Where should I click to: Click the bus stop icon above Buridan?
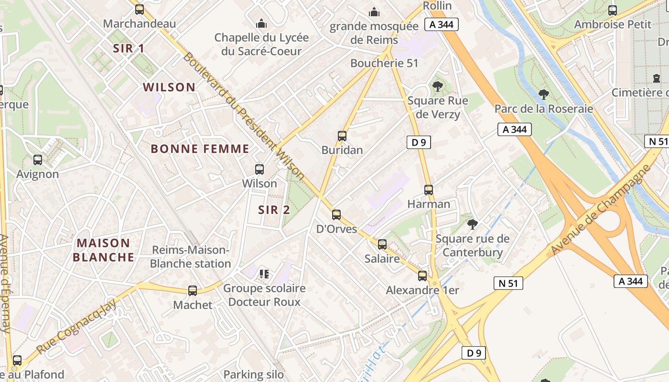click(342, 136)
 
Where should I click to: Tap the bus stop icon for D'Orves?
click(336, 215)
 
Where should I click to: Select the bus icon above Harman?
click(429, 190)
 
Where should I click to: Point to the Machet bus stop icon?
click(193, 290)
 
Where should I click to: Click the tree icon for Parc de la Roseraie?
click(543, 95)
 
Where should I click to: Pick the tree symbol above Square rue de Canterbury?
click(473, 224)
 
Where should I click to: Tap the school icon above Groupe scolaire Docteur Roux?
click(264, 274)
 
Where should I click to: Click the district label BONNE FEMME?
click(200, 149)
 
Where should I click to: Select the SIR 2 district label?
click(274, 210)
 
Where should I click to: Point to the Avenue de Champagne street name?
click(601, 210)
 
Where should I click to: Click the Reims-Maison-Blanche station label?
click(191, 257)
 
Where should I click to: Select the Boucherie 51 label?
click(384, 63)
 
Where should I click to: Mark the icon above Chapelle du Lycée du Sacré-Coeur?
click(261, 23)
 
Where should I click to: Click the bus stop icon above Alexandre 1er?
click(422, 276)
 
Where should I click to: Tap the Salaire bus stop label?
click(382, 259)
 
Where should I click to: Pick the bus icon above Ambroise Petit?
click(613, 10)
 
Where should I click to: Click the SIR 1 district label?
click(129, 48)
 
